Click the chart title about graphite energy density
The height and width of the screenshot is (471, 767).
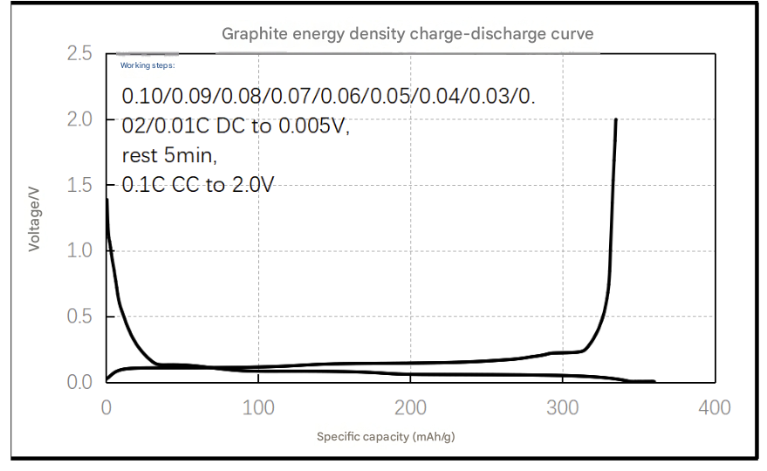click(407, 34)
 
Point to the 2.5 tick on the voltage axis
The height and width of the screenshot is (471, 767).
click(79, 53)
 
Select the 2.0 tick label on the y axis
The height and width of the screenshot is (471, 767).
click(79, 119)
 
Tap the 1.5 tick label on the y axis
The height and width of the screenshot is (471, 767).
click(79, 185)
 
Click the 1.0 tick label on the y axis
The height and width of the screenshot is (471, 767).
click(79, 250)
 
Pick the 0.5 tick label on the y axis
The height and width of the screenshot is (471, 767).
click(79, 316)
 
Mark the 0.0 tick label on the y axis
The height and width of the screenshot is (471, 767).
click(79, 381)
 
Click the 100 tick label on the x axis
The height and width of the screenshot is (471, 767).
click(258, 407)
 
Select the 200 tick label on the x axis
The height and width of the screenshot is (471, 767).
click(410, 407)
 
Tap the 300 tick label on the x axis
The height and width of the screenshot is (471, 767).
click(563, 407)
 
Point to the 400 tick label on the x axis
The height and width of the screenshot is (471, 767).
click(715, 407)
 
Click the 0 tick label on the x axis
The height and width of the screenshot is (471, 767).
click(106, 407)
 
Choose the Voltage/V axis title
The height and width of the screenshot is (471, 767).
click(34, 219)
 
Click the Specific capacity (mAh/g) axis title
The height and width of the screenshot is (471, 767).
click(386, 436)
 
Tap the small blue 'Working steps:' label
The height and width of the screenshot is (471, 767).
click(147, 65)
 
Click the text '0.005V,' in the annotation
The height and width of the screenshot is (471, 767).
click(314, 126)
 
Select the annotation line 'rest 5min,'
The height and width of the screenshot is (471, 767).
click(169, 155)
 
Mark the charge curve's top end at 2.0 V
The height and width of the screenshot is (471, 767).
click(616, 119)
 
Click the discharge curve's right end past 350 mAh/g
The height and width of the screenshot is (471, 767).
click(654, 381)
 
